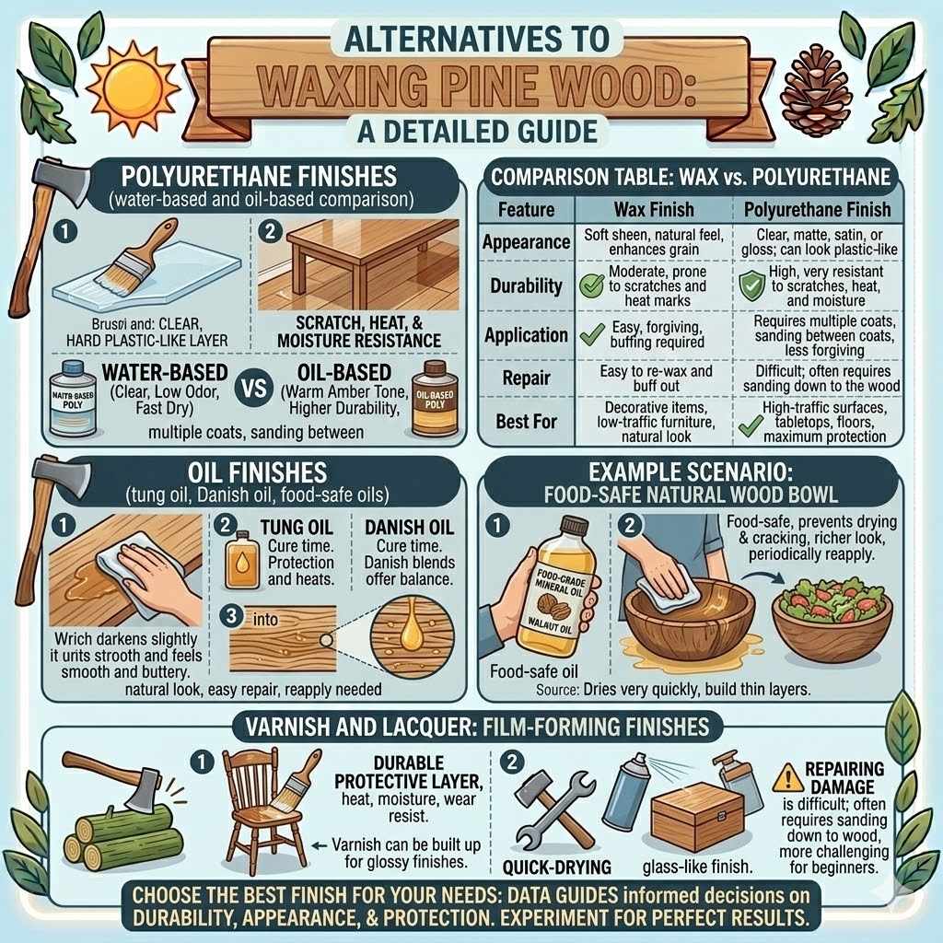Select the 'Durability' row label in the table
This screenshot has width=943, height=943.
pyautogui.click(x=526, y=285)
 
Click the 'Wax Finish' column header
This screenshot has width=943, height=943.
pyautogui.click(x=652, y=209)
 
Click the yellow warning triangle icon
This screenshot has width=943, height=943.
pyautogui.click(x=788, y=779)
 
